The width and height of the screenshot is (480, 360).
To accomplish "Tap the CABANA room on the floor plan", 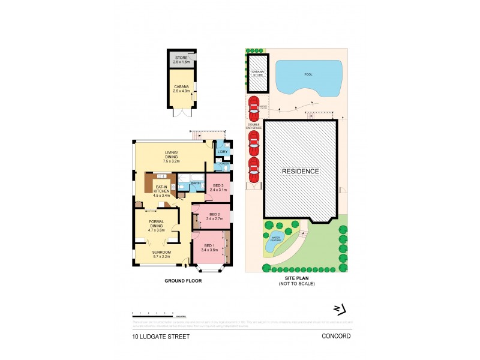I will click(181, 88).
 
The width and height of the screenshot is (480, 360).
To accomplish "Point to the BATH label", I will click(196, 183).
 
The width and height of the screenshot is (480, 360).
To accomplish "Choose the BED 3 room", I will click(218, 188).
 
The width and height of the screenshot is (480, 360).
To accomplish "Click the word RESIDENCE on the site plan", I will click(300, 171).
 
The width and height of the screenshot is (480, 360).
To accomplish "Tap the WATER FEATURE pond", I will click(276, 238).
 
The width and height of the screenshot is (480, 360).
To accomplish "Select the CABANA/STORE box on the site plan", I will click(258, 74).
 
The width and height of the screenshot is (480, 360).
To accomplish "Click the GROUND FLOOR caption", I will click(183, 281).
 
